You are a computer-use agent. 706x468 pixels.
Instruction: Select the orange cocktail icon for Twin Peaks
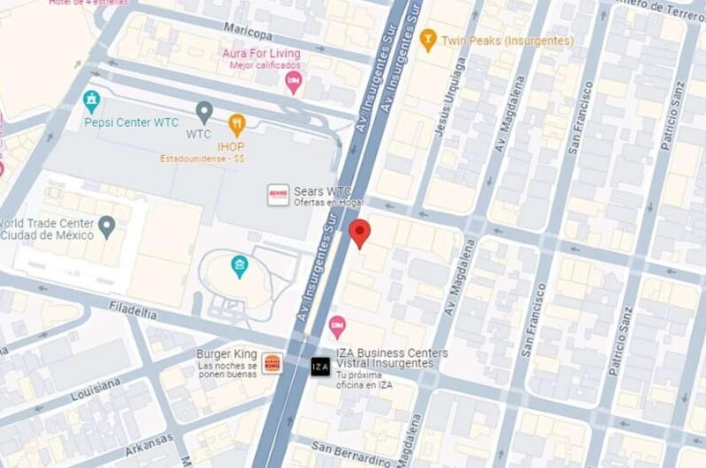428,39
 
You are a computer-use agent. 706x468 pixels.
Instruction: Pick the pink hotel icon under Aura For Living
294,83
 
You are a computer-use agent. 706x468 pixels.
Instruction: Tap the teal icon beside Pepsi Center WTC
91,101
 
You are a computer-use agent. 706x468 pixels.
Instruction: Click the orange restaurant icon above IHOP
237,123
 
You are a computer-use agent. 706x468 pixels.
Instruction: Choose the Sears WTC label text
322,191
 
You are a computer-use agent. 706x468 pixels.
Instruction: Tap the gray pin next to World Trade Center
108,227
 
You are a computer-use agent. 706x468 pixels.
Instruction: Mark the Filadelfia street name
133,312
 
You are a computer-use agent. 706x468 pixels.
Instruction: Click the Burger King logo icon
272,363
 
